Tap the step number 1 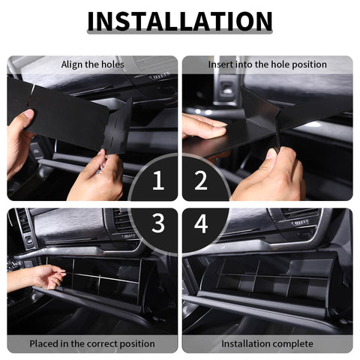[x=157, y=180]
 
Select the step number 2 [x=201, y=180]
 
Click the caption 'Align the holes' [x=92, y=64]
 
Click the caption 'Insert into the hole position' [x=267, y=64]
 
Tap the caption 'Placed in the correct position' [x=92, y=343]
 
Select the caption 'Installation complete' [x=267, y=343]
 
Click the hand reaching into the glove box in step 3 [x=41, y=277]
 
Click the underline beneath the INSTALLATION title [x=180, y=34]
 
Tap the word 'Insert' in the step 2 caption [x=221, y=64]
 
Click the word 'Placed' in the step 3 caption [x=45, y=343]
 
